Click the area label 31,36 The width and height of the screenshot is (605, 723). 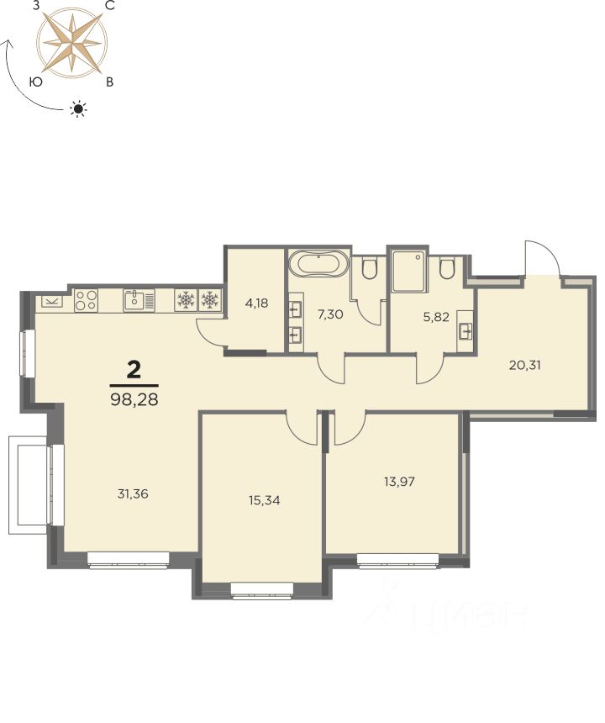[133, 493]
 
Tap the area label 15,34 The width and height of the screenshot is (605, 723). [265, 500]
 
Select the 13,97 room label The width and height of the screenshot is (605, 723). [399, 482]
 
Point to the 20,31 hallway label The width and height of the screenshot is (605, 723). [525, 365]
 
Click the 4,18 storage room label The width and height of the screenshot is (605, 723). [257, 303]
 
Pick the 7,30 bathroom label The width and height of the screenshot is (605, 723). [330, 314]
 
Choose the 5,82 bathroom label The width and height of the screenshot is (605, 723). [436, 317]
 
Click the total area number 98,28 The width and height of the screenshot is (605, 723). [134, 399]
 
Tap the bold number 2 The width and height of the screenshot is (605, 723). [134, 370]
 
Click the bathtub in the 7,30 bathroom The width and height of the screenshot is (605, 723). [319, 264]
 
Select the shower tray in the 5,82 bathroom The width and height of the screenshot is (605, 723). [408, 271]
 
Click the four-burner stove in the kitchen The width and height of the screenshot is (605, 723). [87, 300]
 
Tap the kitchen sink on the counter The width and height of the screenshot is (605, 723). [139, 300]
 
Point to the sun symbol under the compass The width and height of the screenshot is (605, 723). [78, 108]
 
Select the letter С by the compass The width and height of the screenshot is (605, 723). [110, 6]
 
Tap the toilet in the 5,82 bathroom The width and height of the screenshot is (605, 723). [447, 268]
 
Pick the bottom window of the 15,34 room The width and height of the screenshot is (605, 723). [262, 591]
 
